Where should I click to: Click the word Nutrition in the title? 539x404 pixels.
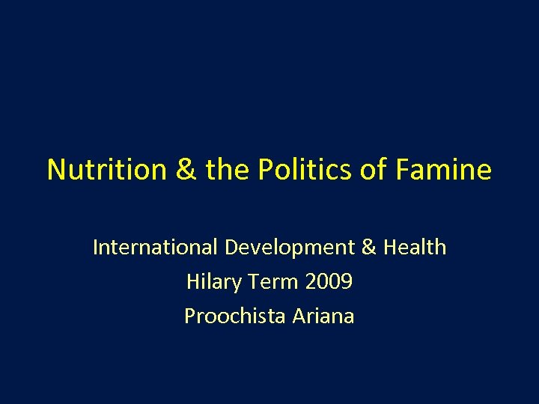pos(107,170)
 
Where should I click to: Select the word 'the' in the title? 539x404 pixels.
pos(226,170)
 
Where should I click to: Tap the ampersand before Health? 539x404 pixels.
pos(369,248)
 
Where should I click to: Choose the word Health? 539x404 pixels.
pos(415,248)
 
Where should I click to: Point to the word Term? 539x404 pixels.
pos(274,282)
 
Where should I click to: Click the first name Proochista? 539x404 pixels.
pos(231,316)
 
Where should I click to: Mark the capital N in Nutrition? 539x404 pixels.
pos(56,170)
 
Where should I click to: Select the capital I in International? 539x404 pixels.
pos(96,248)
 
